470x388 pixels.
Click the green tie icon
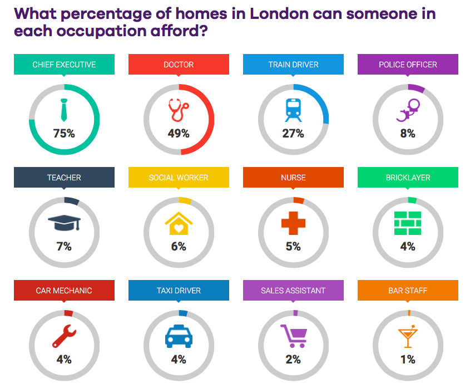[64, 110]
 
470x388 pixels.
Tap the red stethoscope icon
[179, 109]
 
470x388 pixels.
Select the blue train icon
[293, 110]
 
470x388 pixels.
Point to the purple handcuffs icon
[408, 110]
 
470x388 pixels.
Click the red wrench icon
[64, 336]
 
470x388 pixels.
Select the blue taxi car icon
[179, 336]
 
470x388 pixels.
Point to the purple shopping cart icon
[294, 336]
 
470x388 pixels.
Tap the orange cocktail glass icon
[408, 336]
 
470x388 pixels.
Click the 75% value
[64, 134]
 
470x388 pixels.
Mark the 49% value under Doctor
[179, 134]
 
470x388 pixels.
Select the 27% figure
[293, 134]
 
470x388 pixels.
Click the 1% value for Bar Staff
[408, 360]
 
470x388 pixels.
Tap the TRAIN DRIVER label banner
[293, 65]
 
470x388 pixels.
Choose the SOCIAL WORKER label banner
[179, 178]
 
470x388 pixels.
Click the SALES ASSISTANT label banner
[293, 291]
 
